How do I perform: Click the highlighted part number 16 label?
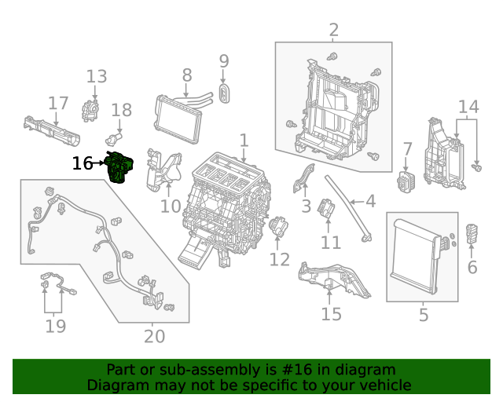pyautogui.click(x=82, y=163)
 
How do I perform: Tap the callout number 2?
pyautogui.click(x=333, y=31)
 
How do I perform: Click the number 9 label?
pyautogui.click(x=224, y=60)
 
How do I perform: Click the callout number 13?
pyautogui.click(x=97, y=76)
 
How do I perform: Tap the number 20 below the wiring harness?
pyautogui.click(x=155, y=336)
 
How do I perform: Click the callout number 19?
pyautogui.click(x=55, y=325)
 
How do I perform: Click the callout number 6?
pyautogui.click(x=472, y=267)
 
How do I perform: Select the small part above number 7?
pyautogui.click(x=407, y=178)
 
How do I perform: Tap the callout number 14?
pyautogui.click(x=468, y=106)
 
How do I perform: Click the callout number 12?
pyautogui.click(x=280, y=259)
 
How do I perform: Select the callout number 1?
pyautogui.click(x=244, y=141)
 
